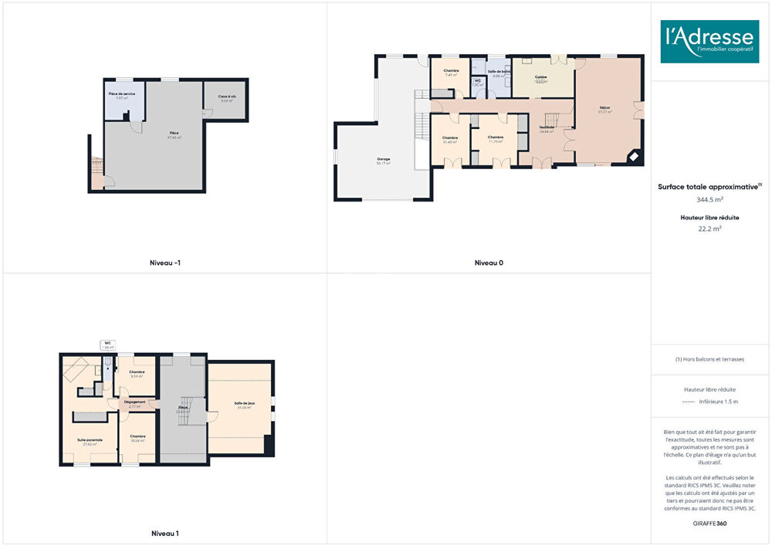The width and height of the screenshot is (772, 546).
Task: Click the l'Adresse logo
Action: pyautogui.click(x=709, y=41)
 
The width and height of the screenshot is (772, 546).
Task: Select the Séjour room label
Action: pyautogui.click(x=604, y=109)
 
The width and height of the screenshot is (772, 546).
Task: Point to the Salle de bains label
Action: pyautogui.click(x=499, y=72)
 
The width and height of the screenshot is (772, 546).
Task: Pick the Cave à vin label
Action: pyautogui.click(x=226, y=97)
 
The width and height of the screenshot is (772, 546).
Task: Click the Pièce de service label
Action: pyautogui.click(x=121, y=94)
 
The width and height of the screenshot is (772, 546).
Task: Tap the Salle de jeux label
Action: pyautogui.click(x=245, y=405)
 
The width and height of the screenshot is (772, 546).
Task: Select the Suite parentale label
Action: pyautogui.click(x=90, y=440)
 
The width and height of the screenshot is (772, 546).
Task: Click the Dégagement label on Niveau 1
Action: pyautogui.click(x=134, y=402)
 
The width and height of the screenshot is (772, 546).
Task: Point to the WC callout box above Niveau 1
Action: pyautogui.click(x=108, y=345)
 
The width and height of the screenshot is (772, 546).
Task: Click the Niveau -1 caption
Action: pyautogui.click(x=165, y=263)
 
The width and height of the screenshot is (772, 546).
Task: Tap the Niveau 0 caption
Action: pyautogui.click(x=489, y=263)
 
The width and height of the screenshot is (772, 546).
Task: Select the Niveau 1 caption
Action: pyautogui.click(x=165, y=534)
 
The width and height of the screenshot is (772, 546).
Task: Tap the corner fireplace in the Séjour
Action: pyautogui.click(x=633, y=157)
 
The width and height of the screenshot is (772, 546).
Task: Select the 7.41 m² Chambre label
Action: pyautogui.click(x=451, y=73)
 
